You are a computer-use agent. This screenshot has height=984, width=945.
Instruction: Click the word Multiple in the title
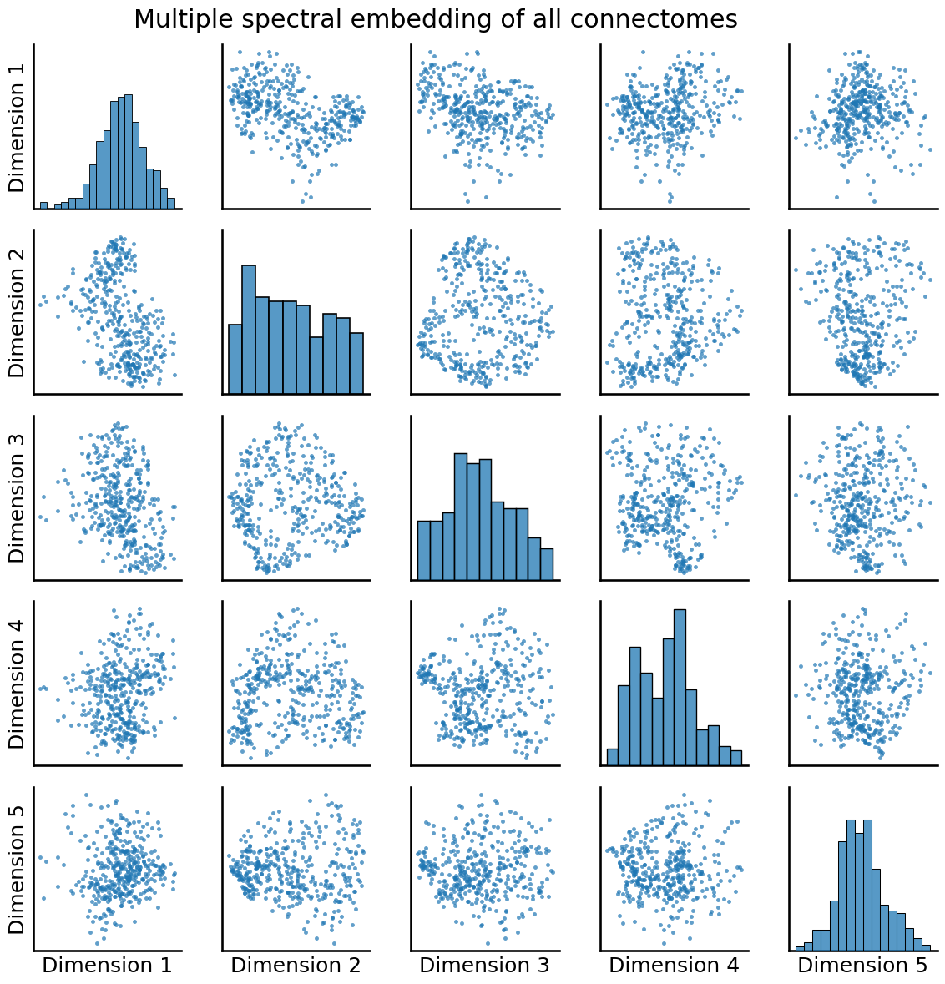[177, 19]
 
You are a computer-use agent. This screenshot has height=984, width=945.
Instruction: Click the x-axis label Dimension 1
[107, 966]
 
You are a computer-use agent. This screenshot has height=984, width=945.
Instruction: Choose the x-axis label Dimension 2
[296, 966]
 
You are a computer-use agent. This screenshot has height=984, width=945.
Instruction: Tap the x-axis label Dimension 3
[484, 966]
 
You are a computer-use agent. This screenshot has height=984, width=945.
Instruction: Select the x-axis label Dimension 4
[674, 966]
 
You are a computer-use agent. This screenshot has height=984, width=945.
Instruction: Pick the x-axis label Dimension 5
[862, 966]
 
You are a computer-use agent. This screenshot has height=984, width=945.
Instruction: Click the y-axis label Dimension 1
[18, 126]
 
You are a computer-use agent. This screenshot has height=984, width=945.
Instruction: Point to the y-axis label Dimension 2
[18, 311]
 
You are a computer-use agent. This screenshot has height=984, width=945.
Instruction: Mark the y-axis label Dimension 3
[18, 497]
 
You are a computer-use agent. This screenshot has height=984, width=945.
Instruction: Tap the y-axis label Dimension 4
[18, 682]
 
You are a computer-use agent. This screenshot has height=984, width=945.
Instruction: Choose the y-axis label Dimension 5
[18, 868]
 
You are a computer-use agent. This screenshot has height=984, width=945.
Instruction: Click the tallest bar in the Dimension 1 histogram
[129, 151]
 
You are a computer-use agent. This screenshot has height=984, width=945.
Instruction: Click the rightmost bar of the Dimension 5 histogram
[925, 947]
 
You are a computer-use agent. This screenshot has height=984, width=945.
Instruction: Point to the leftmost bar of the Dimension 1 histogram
[44, 205]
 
